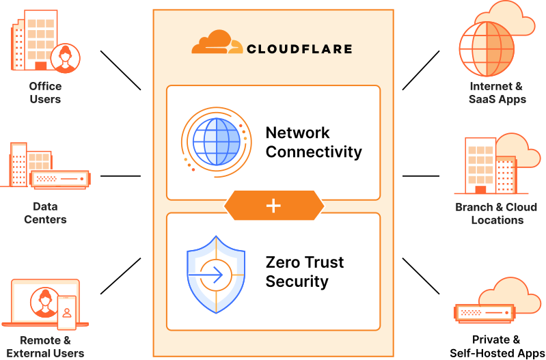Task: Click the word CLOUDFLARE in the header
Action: (299, 49)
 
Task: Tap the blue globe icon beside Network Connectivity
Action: (216, 142)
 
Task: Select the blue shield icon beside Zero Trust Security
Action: (216, 275)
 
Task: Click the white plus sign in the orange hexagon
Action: (273, 206)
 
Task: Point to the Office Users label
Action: (45, 93)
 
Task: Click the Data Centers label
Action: (45, 213)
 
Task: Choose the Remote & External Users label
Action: (45, 346)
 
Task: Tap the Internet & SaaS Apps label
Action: (497, 93)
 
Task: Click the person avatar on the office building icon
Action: (65, 58)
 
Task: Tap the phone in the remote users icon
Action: (66, 313)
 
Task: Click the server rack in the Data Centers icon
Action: (60, 179)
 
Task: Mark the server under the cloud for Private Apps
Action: (484, 312)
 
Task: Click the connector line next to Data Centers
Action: (120, 176)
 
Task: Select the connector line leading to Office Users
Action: (120, 70)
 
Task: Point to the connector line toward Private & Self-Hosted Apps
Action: (421, 276)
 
